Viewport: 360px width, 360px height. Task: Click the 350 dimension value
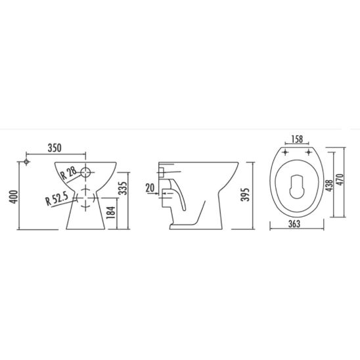point(55,148)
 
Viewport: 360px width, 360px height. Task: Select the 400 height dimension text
point(14,197)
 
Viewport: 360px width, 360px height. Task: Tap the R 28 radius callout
point(68,173)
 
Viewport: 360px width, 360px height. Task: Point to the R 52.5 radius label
point(56,199)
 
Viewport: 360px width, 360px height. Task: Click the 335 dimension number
point(123,189)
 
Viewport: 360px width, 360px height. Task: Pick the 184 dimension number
point(111,212)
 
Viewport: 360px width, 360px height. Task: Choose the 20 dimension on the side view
point(150,189)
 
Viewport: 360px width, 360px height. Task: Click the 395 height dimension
point(245,194)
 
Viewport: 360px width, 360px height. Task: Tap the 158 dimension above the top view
point(297,139)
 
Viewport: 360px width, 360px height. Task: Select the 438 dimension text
point(330,185)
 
